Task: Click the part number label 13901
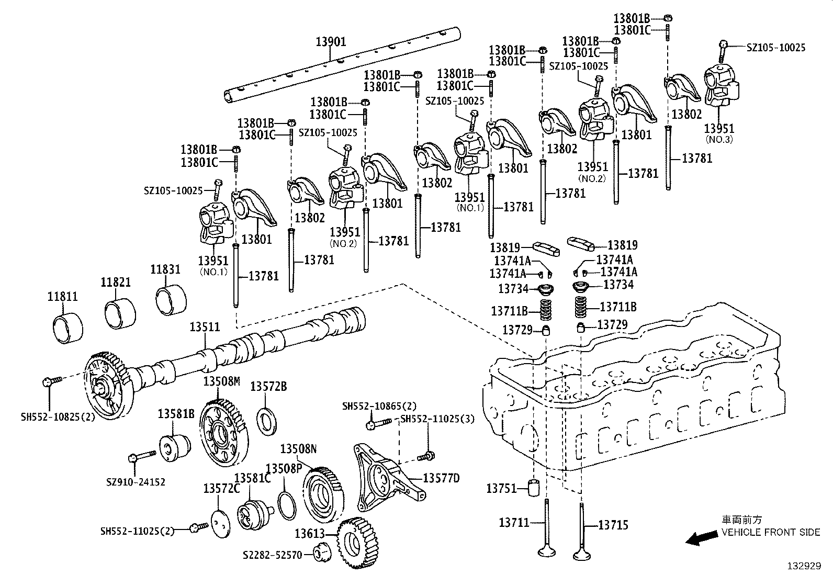pyautogui.click(x=331, y=41)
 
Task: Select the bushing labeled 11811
pyautogui.click(x=69, y=327)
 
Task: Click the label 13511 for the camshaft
pyautogui.click(x=205, y=328)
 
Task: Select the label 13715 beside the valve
pyautogui.click(x=613, y=525)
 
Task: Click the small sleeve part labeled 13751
pyautogui.click(x=535, y=488)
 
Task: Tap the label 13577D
pyautogui.click(x=441, y=478)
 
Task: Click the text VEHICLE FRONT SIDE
pyautogui.click(x=771, y=532)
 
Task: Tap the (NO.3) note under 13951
pyautogui.click(x=719, y=140)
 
